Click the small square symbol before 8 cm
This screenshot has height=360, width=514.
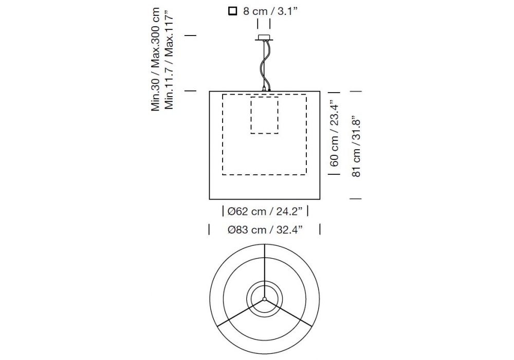tap(232, 11)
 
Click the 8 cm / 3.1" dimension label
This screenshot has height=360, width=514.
tap(270, 11)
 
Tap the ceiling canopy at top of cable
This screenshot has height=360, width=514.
tap(264, 38)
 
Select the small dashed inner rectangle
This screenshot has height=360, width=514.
tap(265, 115)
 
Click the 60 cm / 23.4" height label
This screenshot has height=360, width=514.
tap(334, 133)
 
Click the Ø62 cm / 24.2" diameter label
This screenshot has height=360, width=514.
tap(265, 211)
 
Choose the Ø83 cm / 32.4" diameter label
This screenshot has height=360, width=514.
tap(265, 230)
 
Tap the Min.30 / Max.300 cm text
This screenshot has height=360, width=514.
tap(155, 59)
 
